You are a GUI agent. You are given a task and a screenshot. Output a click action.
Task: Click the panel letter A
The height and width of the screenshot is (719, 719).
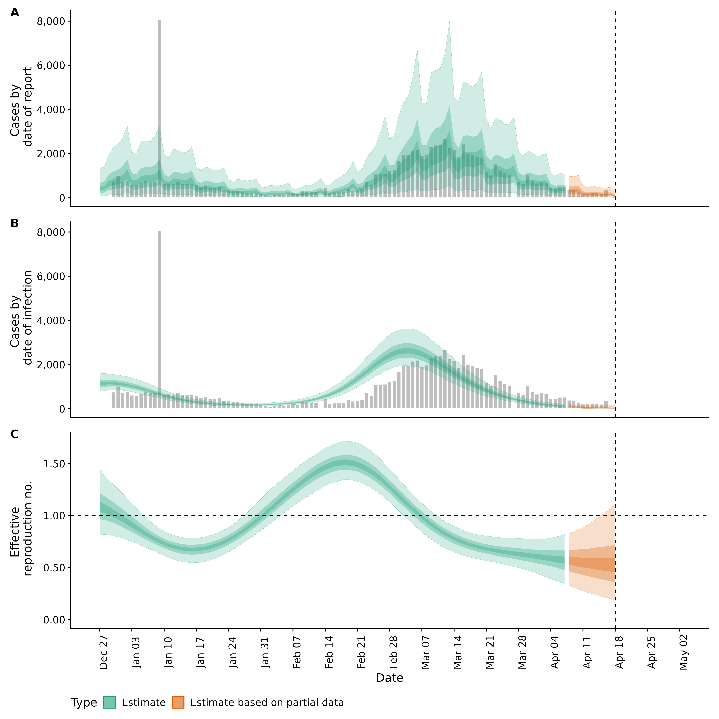click(x=15, y=13)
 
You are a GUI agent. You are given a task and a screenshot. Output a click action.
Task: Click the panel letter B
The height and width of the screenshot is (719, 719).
click(x=15, y=223)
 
